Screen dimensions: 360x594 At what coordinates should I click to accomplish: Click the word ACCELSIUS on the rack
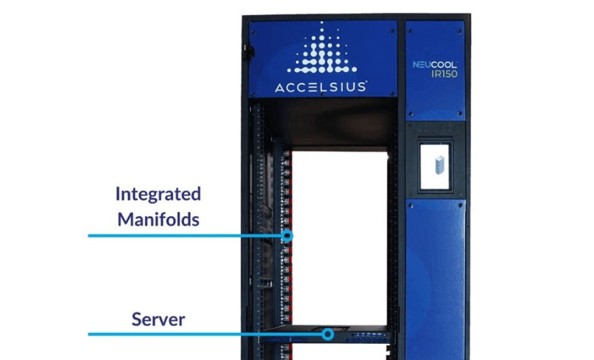click(x=322, y=87)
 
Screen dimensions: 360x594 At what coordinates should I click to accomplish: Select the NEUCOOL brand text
click(x=435, y=65)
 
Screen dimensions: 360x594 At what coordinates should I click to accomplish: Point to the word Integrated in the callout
click(x=157, y=194)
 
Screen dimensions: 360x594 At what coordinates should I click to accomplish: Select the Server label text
click(x=158, y=319)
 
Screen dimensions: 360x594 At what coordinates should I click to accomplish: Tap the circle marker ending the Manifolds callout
click(x=287, y=236)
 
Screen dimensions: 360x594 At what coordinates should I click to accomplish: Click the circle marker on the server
click(x=328, y=334)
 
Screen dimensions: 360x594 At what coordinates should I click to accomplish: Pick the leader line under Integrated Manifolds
click(x=183, y=236)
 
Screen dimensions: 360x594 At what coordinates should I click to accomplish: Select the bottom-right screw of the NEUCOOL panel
click(x=462, y=113)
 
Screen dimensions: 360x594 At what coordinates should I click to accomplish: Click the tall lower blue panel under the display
click(x=435, y=278)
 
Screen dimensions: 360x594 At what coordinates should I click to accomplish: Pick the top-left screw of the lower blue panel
click(x=410, y=204)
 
